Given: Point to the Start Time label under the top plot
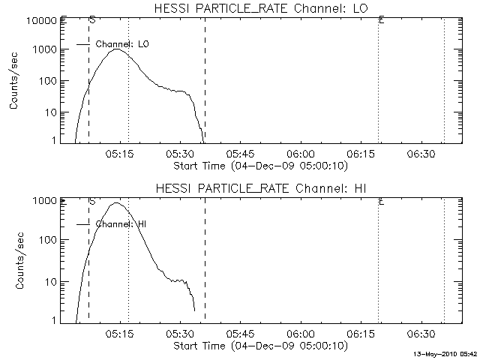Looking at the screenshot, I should click(259, 165).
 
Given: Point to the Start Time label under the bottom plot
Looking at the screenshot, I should click(259, 345).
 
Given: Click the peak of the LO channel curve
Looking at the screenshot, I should click(116, 49).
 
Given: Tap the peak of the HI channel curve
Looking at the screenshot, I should click(115, 202).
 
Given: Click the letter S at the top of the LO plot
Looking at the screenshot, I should click(91, 19).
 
